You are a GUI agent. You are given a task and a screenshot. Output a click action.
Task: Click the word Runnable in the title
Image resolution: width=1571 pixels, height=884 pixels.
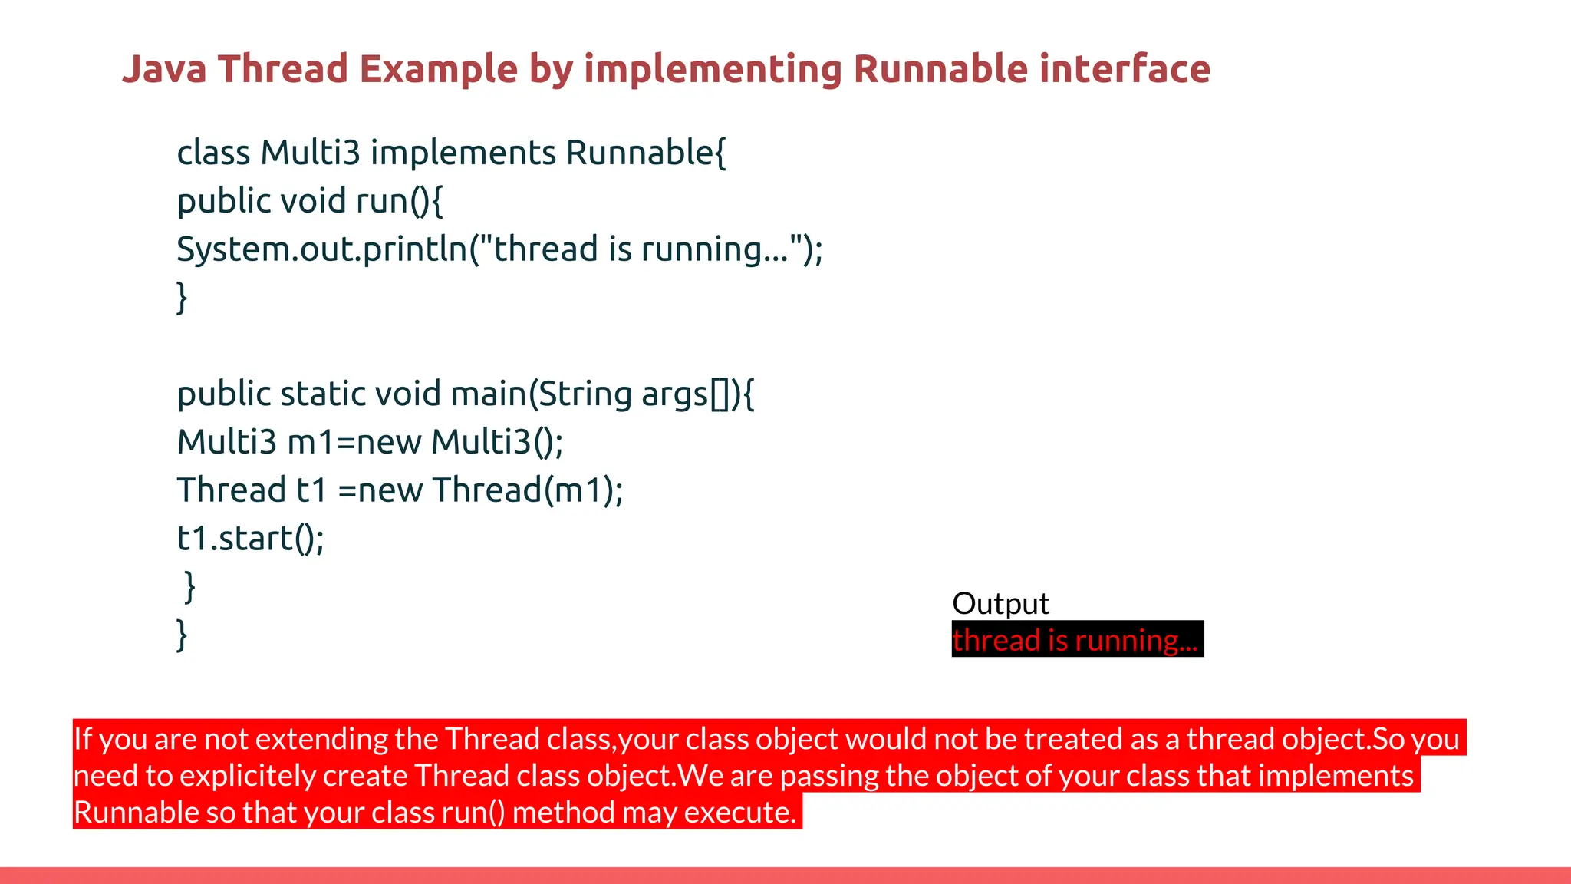[x=940, y=69]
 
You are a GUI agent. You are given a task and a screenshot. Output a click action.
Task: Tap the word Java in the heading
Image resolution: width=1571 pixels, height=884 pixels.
[x=164, y=69]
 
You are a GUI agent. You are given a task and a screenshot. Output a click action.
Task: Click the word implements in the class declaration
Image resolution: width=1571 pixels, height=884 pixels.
[x=463, y=153]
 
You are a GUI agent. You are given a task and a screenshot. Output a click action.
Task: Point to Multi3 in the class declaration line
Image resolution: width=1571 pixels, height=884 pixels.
[x=310, y=153]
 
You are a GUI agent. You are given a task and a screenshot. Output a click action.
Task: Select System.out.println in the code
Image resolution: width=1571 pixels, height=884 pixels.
[x=322, y=249]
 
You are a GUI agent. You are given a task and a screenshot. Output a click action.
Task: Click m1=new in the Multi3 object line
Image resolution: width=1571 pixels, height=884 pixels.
[x=354, y=442]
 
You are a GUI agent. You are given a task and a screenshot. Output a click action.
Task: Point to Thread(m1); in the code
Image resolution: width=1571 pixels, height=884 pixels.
[x=528, y=490]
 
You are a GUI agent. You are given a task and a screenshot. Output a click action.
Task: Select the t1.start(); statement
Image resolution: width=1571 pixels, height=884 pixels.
[x=251, y=539]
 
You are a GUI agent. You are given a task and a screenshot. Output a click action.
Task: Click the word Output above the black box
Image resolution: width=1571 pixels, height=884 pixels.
[x=1000, y=603]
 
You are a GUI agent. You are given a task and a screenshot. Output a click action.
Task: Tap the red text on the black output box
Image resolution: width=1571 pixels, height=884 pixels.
[x=1074, y=640]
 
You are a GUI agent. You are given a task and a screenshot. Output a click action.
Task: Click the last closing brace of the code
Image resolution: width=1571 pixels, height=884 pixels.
[x=182, y=635]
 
